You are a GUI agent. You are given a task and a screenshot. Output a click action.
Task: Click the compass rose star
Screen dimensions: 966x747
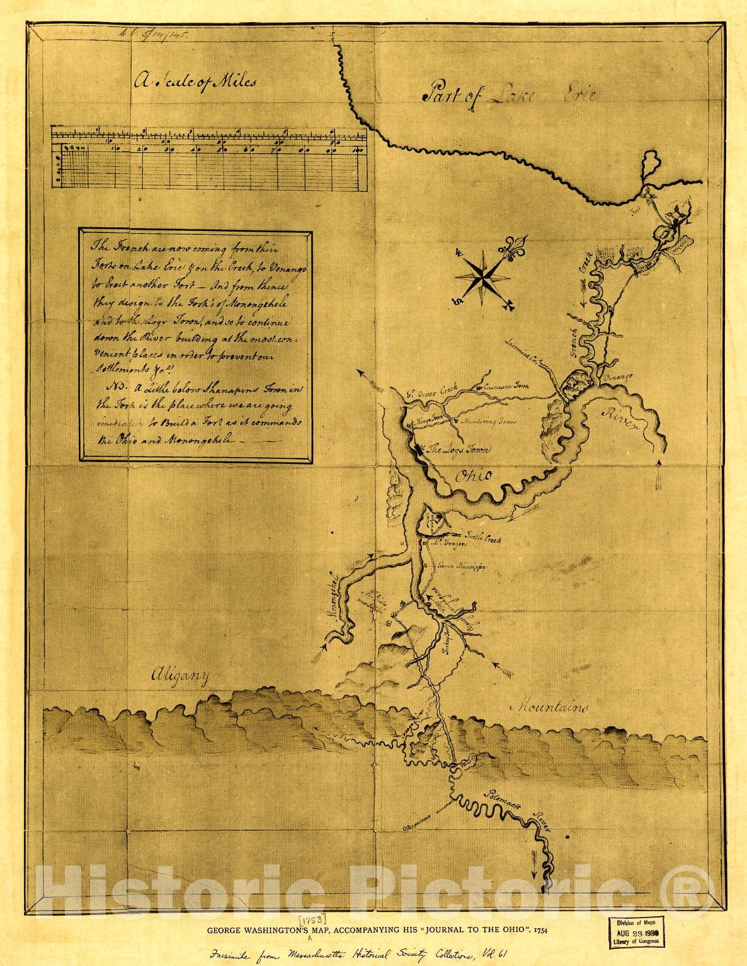click(482, 274)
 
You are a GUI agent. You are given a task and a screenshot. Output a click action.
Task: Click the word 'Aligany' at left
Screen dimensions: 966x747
click(179, 676)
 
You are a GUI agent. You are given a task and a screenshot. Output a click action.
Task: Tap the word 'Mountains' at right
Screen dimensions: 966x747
click(549, 707)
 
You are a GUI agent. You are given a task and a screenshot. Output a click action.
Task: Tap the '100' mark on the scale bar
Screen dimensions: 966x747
click(358, 150)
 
